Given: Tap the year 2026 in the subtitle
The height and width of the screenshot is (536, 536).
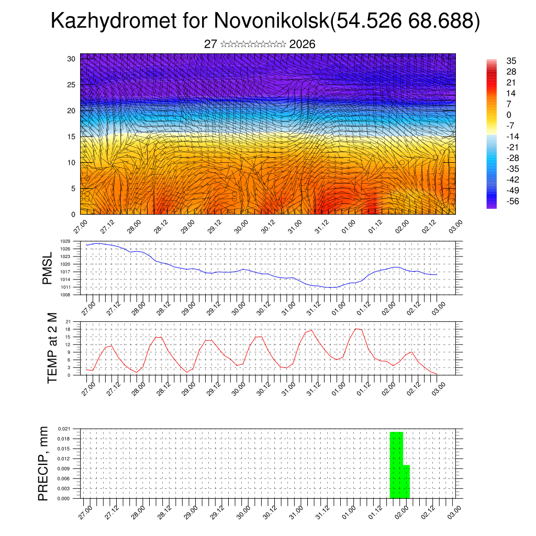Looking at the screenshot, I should [302, 44].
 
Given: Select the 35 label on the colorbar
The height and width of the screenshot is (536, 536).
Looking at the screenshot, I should [511, 61].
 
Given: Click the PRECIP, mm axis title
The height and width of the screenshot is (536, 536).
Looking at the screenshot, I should [43, 463].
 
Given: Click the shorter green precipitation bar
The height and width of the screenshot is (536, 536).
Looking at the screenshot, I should [406, 482].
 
